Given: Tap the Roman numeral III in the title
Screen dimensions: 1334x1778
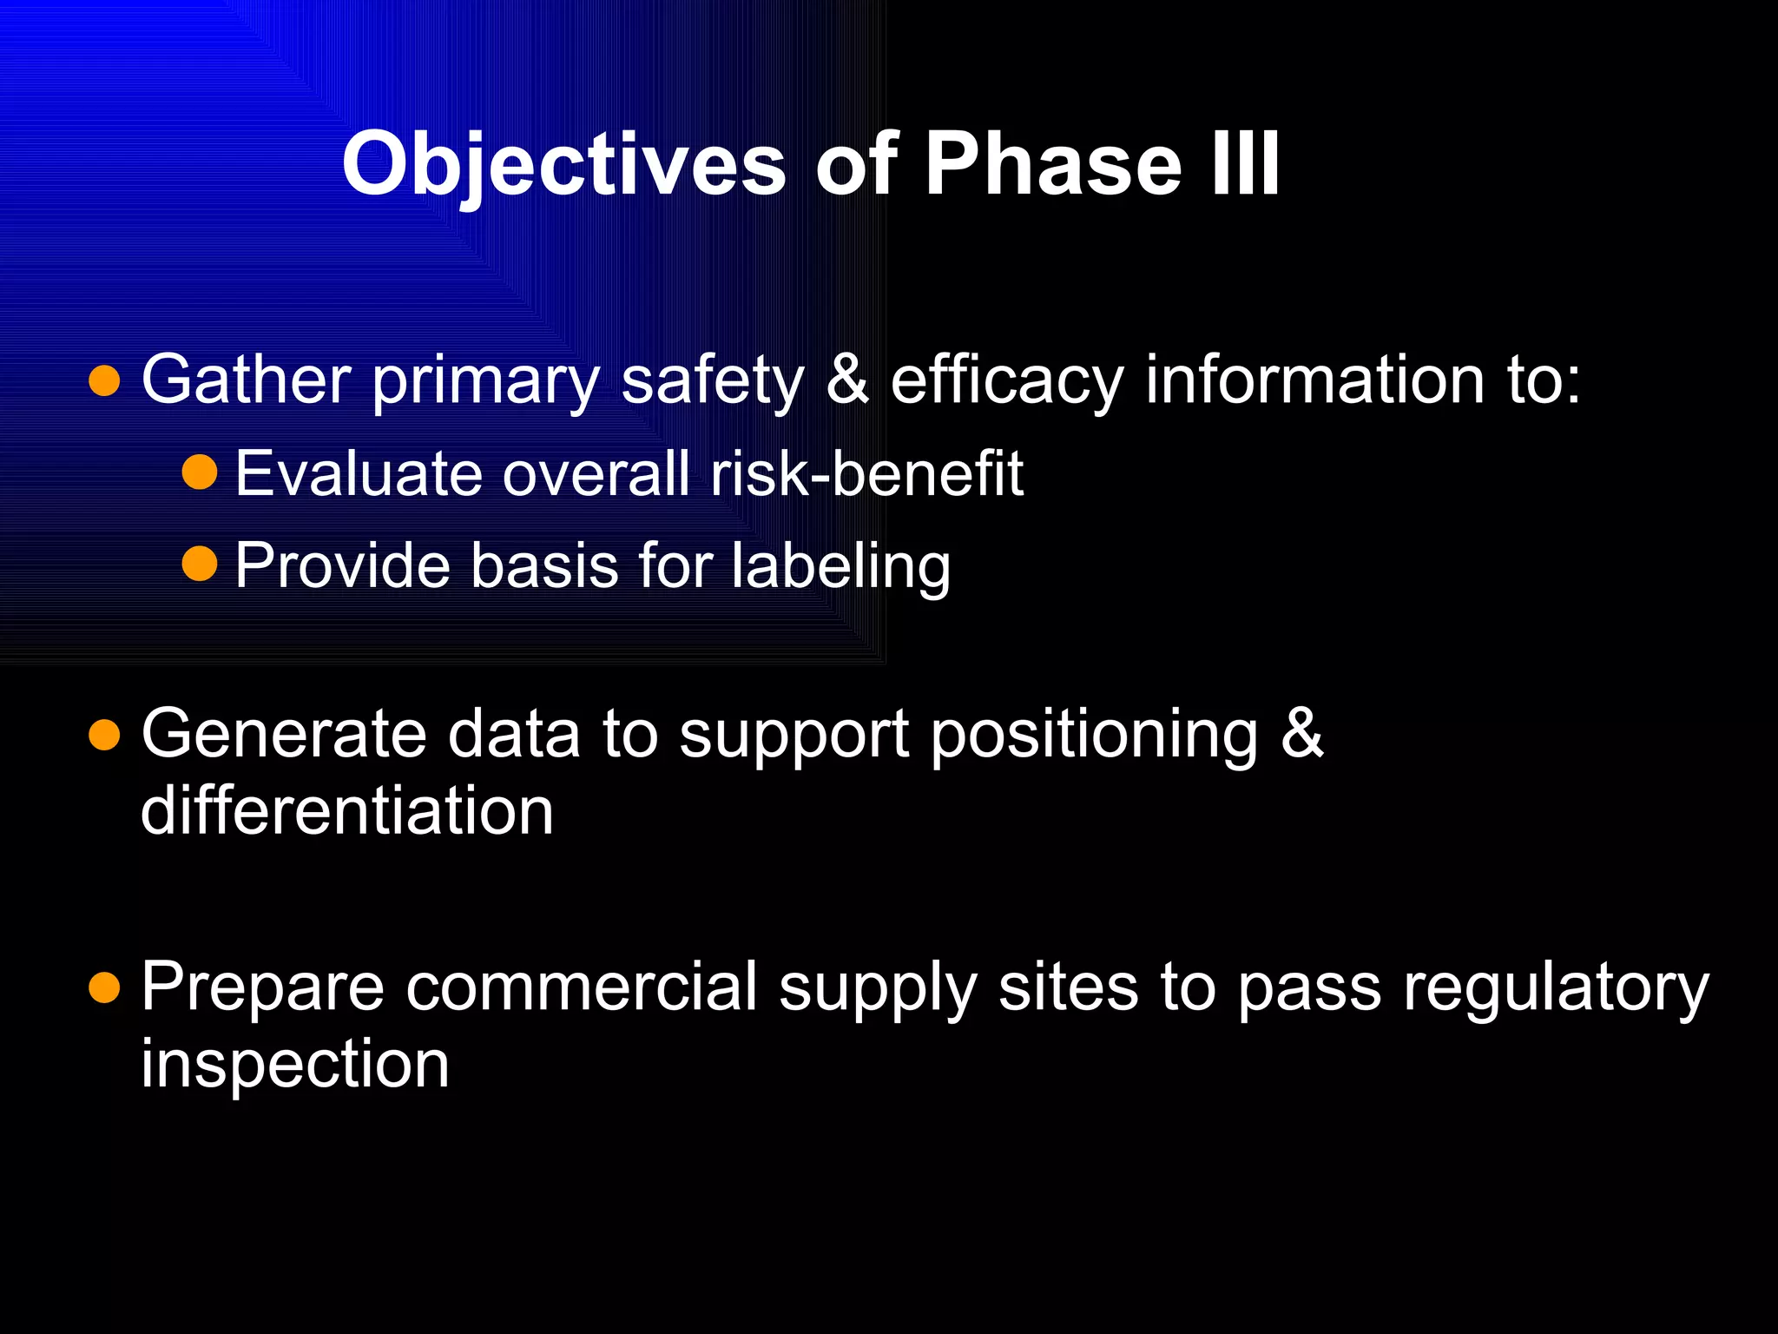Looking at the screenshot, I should tap(1245, 163).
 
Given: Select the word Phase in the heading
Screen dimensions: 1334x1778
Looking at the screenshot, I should tap(1052, 163).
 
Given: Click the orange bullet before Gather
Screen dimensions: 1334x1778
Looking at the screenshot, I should tap(104, 380).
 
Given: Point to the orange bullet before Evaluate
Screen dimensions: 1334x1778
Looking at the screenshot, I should tap(200, 473).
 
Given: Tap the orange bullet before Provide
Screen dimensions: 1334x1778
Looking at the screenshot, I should tap(200, 565).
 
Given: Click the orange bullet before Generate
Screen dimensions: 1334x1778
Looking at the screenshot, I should tap(104, 735).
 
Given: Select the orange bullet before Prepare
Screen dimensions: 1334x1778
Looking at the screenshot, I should tap(104, 987).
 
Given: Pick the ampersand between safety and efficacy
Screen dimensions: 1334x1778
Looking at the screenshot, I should tap(847, 380).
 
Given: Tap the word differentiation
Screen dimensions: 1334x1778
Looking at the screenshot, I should tap(346, 811).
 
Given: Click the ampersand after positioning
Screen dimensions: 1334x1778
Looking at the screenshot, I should tap(1302, 735).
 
